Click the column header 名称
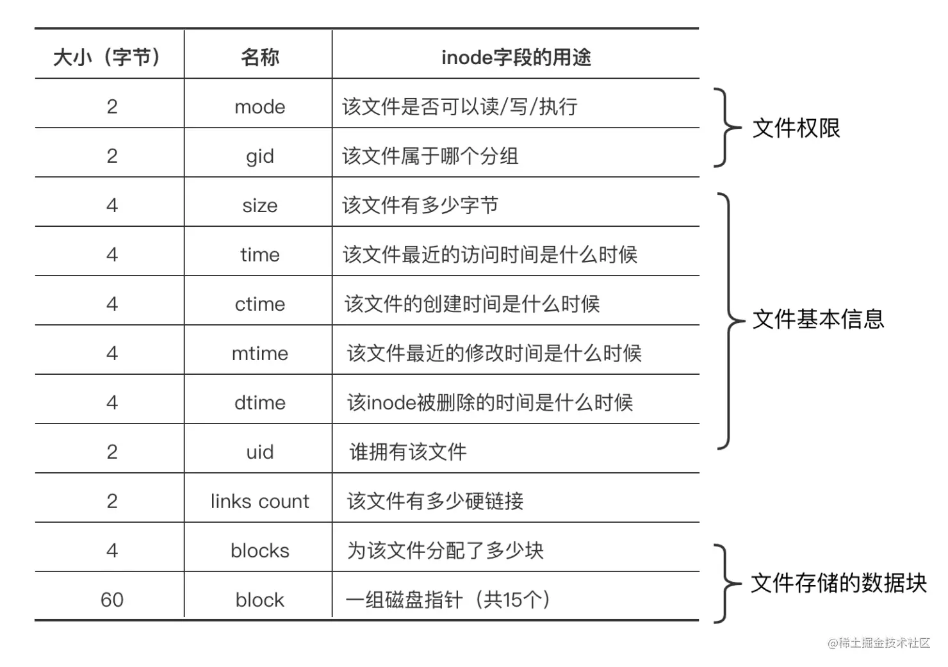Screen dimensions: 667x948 pos(259,57)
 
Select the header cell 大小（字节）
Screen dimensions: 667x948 pos(107,57)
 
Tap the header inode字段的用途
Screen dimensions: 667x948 pos(516,57)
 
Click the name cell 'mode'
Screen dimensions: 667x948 pos(259,106)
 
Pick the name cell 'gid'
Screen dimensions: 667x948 pos(259,156)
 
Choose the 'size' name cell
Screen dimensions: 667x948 pos(259,206)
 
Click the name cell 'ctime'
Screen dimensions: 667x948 pos(259,304)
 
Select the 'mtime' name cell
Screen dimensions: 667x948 pos(259,354)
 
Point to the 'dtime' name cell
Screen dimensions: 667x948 pos(259,403)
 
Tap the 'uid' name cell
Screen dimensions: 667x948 pos(259,452)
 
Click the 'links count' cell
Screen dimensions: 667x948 pos(259,501)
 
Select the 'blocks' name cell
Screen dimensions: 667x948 pos(259,551)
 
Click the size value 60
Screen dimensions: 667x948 pos(111,600)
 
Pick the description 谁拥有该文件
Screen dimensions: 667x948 pos(407,452)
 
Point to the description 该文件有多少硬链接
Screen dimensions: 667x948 pos(435,501)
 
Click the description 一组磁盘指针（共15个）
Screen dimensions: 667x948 pos(448,600)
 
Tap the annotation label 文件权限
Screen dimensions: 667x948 pos(796,128)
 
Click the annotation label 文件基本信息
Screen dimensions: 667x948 pos(818,319)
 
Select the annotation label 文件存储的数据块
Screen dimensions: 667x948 pos(838,583)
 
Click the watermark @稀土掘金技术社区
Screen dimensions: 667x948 pos(878,643)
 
